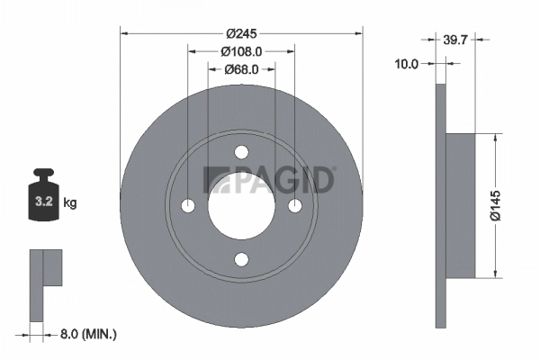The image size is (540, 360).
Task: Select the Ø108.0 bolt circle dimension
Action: [x=241, y=52]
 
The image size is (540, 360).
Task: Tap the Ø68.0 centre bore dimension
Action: [x=241, y=68]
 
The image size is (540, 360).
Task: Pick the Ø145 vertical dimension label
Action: [x=508, y=205]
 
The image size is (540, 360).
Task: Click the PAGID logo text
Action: [x=271, y=180]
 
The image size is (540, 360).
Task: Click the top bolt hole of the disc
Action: [x=241, y=153]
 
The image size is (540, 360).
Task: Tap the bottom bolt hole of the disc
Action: [x=241, y=260]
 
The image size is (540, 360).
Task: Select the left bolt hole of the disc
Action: [x=188, y=206]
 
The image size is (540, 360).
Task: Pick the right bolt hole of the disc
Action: [x=294, y=206]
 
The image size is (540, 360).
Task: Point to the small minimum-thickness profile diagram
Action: [x=45, y=283]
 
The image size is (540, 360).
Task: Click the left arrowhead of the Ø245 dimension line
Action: [x=125, y=33]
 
